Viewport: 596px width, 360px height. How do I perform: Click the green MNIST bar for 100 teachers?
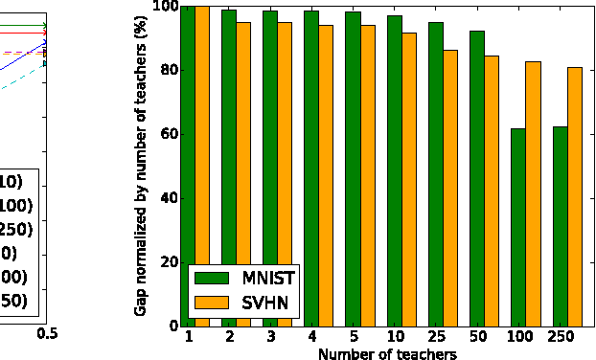click(x=517, y=227)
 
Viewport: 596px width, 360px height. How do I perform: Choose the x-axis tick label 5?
click(x=353, y=338)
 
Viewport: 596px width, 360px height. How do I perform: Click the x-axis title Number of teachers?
click(x=386, y=353)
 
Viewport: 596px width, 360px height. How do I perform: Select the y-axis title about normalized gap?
click(x=141, y=166)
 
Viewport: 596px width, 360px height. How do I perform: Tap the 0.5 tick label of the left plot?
click(x=47, y=333)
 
